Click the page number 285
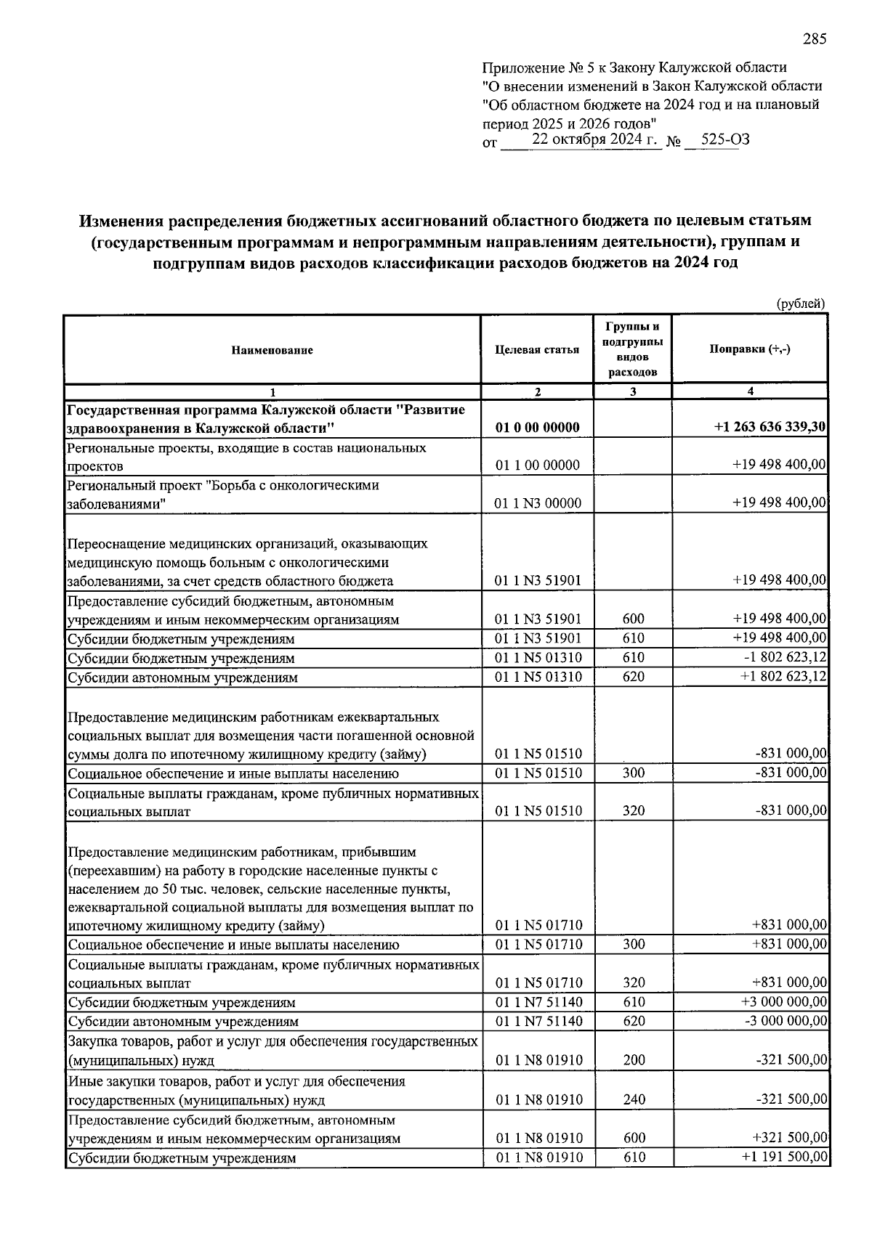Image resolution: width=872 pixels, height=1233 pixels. [815, 40]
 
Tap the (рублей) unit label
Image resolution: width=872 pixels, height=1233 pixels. [801, 304]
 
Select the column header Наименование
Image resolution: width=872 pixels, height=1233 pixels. [272, 350]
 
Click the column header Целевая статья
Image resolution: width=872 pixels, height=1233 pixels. [537, 350]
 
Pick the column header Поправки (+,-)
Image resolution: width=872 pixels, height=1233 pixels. [750, 349]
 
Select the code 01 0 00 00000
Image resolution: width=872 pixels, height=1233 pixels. [537, 427]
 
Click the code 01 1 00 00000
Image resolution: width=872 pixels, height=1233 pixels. [537, 465]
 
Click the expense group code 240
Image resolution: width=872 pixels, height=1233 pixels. [634, 1099]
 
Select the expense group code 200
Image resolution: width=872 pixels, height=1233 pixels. [634, 1060]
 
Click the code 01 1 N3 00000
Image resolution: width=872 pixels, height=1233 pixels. [537, 503]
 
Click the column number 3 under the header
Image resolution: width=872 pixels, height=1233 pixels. [633, 391]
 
